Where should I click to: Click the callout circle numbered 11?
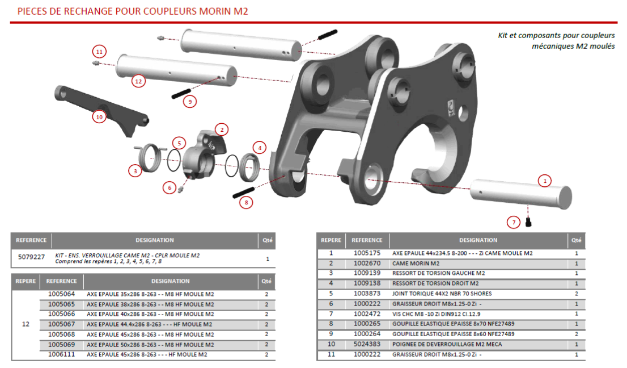coord(99,51)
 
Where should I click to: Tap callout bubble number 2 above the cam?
coord(222,129)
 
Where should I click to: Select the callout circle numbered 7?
coord(514,222)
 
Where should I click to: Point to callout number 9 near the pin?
coord(190,102)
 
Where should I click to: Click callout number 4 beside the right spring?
coord(260,148)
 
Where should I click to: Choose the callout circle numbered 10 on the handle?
coord(99,117)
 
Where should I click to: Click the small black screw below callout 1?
coord(528,223)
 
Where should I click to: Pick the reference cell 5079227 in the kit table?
coord(31,256)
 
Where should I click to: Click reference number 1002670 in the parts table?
coord(366,264)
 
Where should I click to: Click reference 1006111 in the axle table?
coord(61,354)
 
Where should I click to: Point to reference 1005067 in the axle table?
coord(61,324)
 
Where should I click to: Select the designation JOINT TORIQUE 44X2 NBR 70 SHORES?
coord(442,294)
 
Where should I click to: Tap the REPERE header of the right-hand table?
coord(331,240)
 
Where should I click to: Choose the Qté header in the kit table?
coord(267,240)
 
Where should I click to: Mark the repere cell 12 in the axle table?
coord(26,324)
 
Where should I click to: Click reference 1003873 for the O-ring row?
coord(366,294)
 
